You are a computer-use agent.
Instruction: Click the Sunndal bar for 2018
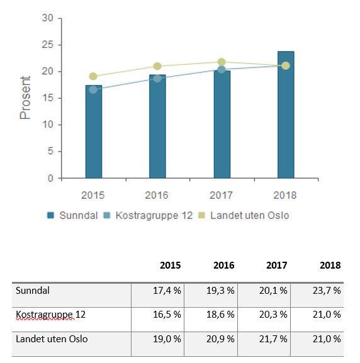286,114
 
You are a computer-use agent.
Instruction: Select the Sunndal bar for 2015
94,131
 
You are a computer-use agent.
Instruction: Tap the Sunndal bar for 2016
157,126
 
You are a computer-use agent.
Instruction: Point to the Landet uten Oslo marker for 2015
93,76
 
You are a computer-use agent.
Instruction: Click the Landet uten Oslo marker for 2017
222,62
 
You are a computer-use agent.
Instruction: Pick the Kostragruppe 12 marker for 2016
157,79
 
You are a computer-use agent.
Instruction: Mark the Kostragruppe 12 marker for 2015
93,89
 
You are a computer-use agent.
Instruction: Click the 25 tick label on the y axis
47,45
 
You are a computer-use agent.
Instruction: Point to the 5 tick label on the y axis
50,152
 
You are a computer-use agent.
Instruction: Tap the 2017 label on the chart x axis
221,196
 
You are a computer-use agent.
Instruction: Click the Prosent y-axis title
25,98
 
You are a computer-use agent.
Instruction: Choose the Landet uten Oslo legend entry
244,216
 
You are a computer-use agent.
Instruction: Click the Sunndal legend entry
72,216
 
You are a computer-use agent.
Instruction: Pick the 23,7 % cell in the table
327,291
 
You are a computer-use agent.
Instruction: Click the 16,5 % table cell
167,315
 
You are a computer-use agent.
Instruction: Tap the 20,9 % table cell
220,339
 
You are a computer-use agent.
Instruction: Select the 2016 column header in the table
224,265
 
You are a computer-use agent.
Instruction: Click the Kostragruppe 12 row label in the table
50,315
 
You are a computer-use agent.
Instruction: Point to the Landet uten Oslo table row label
52,339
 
